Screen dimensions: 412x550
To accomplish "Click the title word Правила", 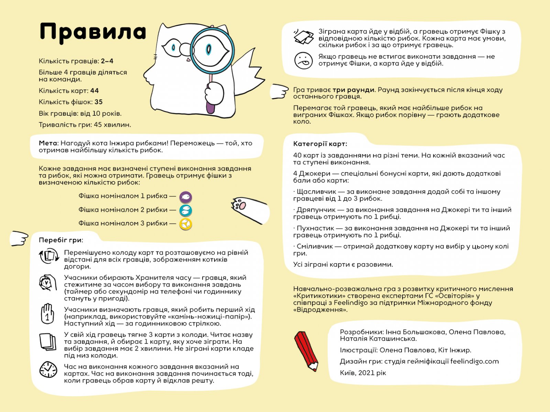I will [x=93, y=32].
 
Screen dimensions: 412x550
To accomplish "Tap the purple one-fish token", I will [x=186, y=197].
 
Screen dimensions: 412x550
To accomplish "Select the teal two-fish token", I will [x=186, y=210].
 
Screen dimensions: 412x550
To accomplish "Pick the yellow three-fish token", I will [x=186, y=224].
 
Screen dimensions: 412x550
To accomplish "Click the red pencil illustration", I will [x=306, y=350].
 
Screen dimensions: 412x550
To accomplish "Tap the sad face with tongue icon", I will [x=304, y=60].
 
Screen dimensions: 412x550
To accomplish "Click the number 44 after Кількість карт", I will [x=95, y=91].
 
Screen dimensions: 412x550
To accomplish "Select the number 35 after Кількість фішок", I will [x=99, y=102].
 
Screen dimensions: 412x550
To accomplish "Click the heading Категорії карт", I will [x=320, y=144].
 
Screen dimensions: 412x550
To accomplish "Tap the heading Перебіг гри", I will [x=61, y=240].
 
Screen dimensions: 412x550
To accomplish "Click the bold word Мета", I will [x=48, y=143].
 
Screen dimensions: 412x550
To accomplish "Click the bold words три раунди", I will [x=353, y=90].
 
